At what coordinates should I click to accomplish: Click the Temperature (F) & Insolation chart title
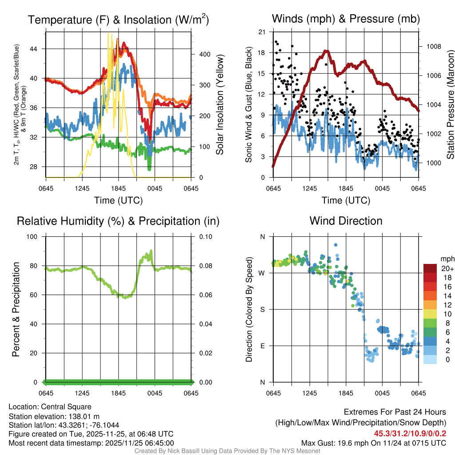click(118, 20)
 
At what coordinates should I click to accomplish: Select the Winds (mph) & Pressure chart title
click(346, 19)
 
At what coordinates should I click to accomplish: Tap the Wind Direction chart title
click(346, 221)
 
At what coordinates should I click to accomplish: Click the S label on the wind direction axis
click(262, 310)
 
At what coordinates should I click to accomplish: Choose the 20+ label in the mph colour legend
click(447, 268)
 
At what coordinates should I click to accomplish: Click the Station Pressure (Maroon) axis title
click(450, 105)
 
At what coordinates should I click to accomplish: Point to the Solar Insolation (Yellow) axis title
click(220, 105)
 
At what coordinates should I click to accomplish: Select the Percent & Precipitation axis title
click(16, 309)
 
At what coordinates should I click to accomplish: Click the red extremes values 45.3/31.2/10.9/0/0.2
click(410, 434)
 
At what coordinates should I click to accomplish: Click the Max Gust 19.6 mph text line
click(373, 443)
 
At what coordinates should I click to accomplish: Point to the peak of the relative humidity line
click(152, 251)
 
